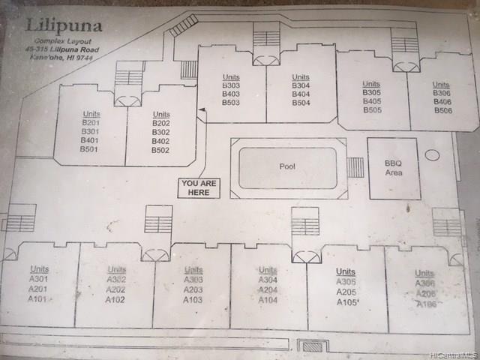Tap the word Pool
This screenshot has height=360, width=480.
click(x=287, y=167)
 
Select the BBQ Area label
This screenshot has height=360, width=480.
click(x=393, y=168)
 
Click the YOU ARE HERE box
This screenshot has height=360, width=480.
click(x=200, y=187)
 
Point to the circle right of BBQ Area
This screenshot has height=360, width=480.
click(x=432, y=155)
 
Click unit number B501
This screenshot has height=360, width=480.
click(x=90, y=149)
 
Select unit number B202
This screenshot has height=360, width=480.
click(x=161, y=123)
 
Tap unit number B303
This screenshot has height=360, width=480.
click(x=230, y=85)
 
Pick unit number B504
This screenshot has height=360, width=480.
click(x=301, y=103)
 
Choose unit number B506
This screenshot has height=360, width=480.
click(x=442, y=110)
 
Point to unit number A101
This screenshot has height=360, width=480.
click(x=37, y=298)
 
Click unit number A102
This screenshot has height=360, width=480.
click(x=115, y=299)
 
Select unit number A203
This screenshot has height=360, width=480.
click(x=193, y=289)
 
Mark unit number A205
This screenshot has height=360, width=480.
click(x=346, y=292)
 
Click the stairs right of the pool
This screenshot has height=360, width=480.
click(x=356, y=166)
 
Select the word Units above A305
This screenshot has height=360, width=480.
click(x=346, y=271)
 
